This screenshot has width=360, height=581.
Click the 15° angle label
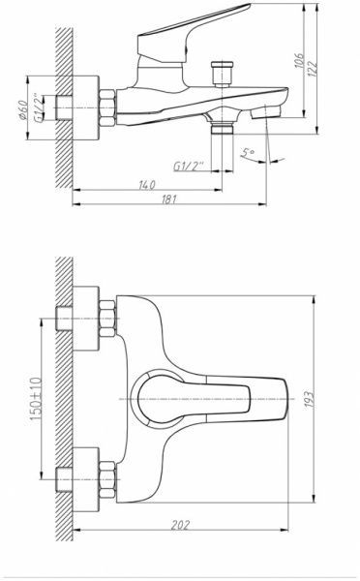pos(251,152)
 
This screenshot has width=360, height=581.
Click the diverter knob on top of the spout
pos(224,74)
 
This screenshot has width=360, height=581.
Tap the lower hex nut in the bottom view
pos(105,475)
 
